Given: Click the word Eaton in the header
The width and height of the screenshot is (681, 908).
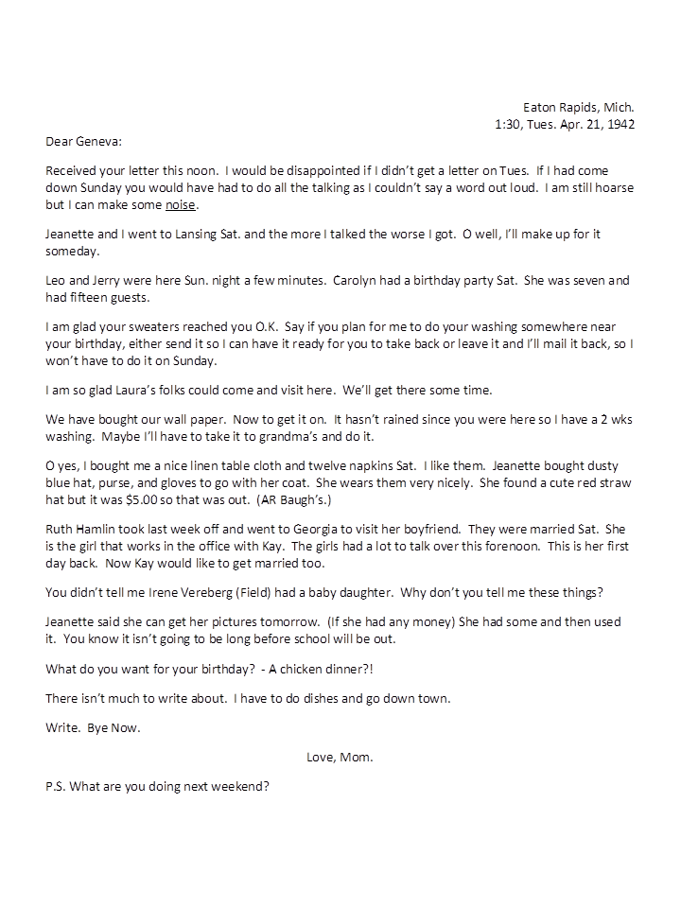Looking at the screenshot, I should pyautogui.click(x=540, y=107).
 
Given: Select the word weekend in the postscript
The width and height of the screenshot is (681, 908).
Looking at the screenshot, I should pyautogui.click(x=240, y=785).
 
